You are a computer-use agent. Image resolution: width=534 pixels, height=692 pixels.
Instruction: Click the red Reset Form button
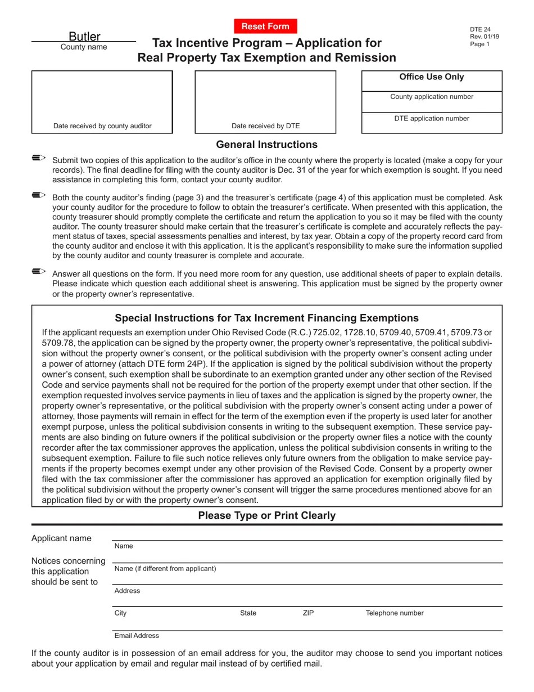tap(265, 26)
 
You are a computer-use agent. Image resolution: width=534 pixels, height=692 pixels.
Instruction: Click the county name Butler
tap(84, 37)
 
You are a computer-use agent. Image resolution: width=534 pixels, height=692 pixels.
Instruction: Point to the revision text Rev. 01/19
tap(484, 37)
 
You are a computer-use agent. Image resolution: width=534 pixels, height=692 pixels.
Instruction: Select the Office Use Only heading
tap(431, 77)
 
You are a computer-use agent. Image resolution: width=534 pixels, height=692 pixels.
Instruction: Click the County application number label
tap(431, 97)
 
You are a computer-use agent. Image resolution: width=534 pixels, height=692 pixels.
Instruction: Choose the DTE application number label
tap(431, 119)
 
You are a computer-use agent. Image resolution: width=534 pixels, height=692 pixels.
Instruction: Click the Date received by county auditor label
tap(102, 126)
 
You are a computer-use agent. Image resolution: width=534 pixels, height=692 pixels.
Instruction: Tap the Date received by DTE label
tap(265, 126)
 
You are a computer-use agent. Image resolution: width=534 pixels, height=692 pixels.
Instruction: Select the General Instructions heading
tap(266, 145)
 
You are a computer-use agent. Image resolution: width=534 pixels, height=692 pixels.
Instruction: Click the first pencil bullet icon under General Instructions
tap(39, 159)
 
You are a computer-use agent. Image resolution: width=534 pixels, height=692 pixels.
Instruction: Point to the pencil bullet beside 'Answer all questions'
tap(39, 272)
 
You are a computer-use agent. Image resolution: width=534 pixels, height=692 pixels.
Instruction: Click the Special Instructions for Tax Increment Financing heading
tap(266, 318)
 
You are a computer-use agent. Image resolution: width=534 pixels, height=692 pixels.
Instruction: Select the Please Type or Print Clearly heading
tap(266, 515)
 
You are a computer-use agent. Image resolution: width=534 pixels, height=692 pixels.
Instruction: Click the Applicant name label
tap(61, 538)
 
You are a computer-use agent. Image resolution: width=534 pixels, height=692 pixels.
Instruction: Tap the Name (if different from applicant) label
tap(165, 569)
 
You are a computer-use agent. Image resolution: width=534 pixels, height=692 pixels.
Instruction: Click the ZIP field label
tap(308, 613)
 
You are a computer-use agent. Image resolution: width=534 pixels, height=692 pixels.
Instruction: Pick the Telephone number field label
tap(395, 613)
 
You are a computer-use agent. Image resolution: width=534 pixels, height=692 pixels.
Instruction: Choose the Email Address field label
tap(137, 636)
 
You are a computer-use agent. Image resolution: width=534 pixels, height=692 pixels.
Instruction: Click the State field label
tap(248, 613)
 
